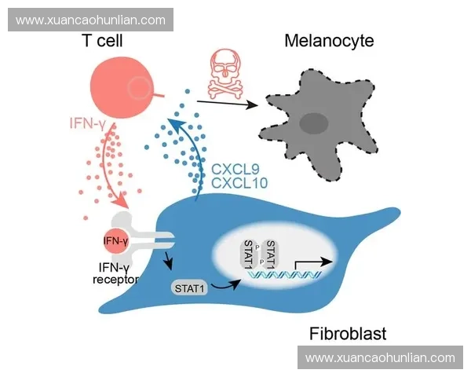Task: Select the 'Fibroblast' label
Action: pyautogui.click(x=346, y=334)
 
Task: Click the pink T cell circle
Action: pyautogui.click(x=122, y=89)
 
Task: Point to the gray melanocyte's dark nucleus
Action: pyautogui.click(x=316, y=123)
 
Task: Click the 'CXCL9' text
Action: pyautogui.click(x=235, y=168)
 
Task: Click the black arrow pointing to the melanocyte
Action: pyautogui.click(x=227, y=103)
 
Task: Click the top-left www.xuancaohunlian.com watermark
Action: pyautogui.click(x=90, y=20)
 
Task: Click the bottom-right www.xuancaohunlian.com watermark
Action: pyautogui.click(x=380, y=357)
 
